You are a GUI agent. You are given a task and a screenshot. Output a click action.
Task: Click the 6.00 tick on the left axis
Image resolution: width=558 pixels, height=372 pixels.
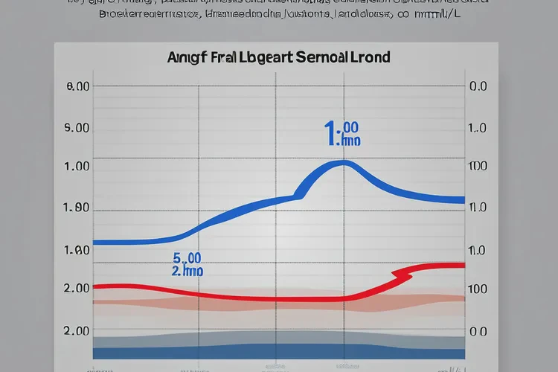[78, 86]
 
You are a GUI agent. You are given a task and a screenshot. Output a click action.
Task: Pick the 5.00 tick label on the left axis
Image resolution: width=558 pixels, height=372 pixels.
[78, 128]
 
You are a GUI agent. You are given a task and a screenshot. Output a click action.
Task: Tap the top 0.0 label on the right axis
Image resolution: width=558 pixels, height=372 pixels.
[478, 86]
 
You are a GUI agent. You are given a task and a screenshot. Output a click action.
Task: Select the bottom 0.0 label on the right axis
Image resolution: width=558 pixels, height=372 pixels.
[478, 332]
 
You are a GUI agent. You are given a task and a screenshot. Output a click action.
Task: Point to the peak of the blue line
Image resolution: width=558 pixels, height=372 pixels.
[343, 163]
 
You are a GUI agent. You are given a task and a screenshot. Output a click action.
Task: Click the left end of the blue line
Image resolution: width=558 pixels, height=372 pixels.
[95, 243]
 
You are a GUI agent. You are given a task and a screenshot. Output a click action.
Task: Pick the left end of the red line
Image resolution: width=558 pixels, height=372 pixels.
[95, 286]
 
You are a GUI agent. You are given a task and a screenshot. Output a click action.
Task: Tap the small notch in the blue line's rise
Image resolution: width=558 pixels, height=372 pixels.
[299, 196]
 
